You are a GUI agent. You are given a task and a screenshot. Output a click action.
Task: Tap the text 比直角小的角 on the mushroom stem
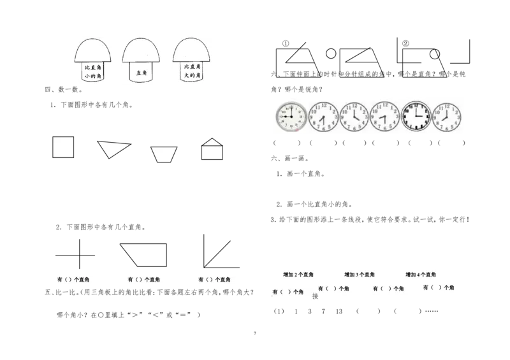click(93, 71)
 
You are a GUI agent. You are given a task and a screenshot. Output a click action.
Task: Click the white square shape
click(64, 147)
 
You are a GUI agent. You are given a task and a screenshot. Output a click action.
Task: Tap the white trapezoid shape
click(163, 154)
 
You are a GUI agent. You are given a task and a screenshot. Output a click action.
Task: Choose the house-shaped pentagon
click(212, 150)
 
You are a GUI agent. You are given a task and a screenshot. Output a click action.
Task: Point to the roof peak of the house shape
click(212, 139)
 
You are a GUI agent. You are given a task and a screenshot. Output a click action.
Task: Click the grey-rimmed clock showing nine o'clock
click(291, 117)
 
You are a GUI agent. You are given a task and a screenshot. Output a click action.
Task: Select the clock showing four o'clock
click(354, 117)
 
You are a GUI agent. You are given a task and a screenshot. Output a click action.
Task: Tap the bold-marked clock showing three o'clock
click(416, 117)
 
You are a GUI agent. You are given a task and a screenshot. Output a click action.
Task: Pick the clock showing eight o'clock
click(447, 117)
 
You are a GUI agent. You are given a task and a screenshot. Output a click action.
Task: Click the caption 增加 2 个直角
click(298, 275)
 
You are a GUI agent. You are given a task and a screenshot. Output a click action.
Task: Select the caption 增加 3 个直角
click(360, 275)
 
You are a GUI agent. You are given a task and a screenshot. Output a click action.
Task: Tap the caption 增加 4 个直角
click(421, 275)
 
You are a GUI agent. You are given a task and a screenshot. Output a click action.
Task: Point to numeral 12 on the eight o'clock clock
click(447, 106)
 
